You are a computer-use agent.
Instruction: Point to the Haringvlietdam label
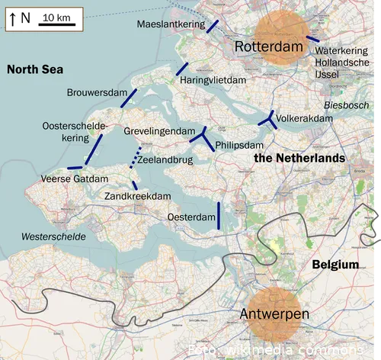click(213, 80)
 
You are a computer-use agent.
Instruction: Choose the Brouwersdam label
click(96, 93)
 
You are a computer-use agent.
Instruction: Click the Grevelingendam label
click(159, 131)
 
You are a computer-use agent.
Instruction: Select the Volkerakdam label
click(305, 119)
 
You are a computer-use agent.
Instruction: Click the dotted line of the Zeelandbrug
click(135, 160)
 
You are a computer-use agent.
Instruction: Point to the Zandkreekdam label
click(137, 196)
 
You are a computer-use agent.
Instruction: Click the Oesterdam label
click(191, 217)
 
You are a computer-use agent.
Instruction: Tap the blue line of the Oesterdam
click(219, 215)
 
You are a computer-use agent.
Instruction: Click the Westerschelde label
click(53, 236)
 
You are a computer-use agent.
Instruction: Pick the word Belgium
click(335, 265)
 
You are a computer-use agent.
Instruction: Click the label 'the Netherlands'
click(299, 158)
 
